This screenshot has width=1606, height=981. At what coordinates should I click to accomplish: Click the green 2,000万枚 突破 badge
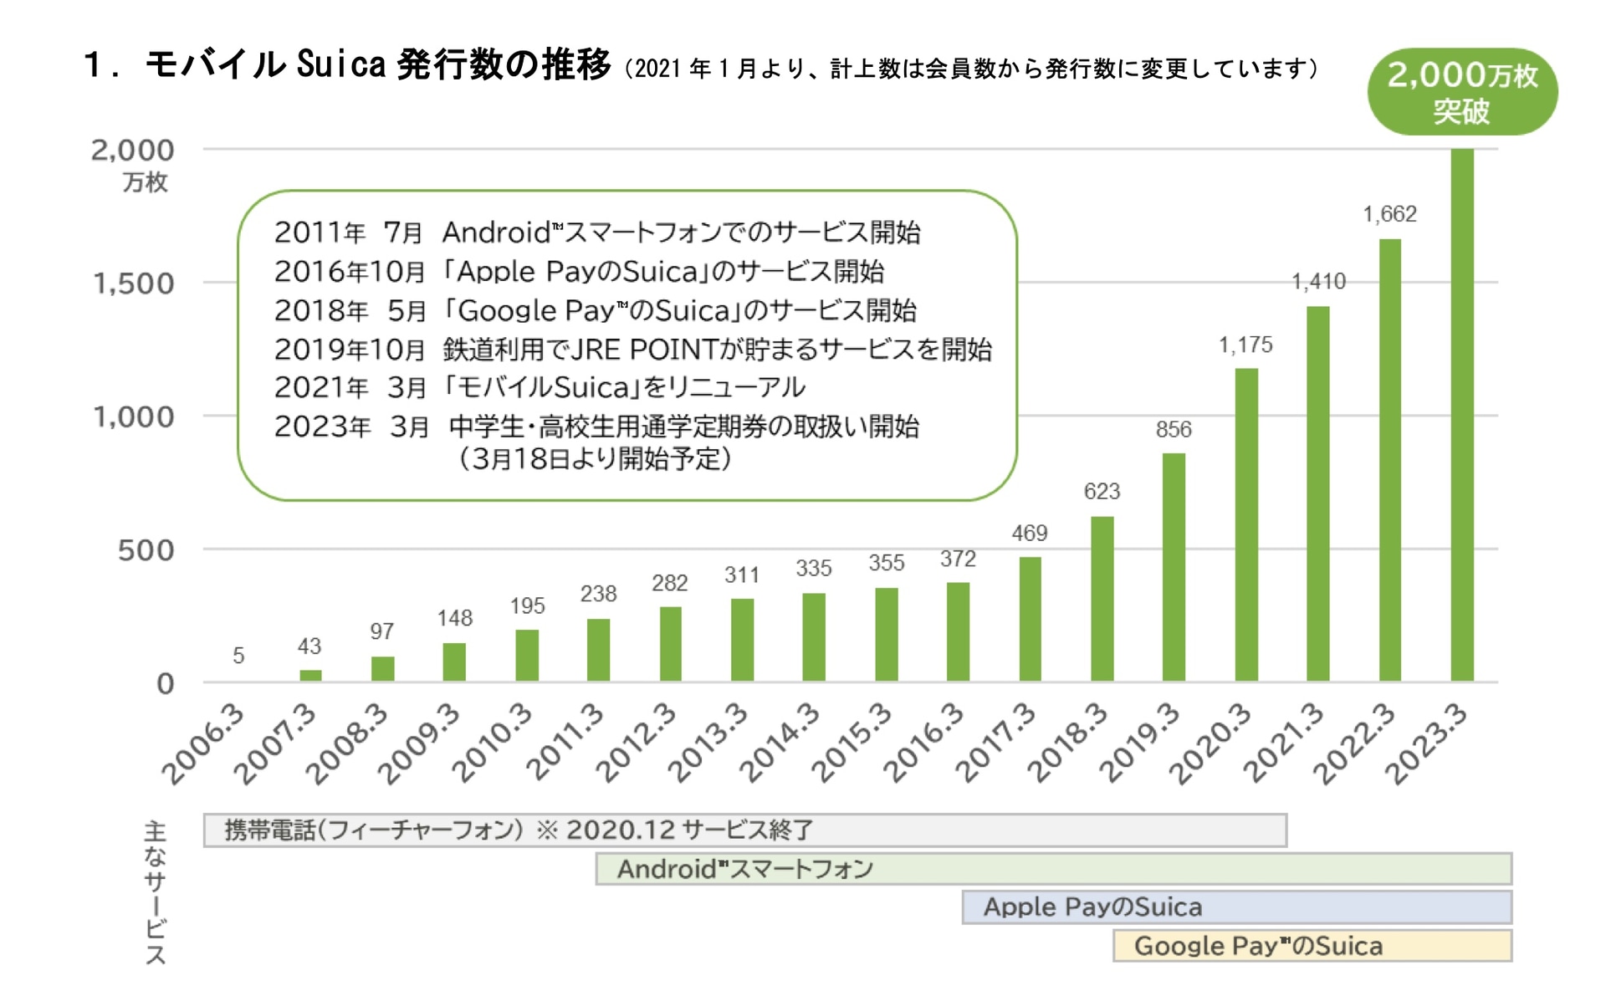(1462, 92)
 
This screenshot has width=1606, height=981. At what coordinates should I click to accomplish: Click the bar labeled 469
(1030, 619)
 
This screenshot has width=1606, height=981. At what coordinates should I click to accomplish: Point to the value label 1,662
(1389, 214)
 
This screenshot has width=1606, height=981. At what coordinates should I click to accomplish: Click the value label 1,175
(1245, 345)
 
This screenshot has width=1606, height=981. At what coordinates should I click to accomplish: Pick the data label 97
(382, 631)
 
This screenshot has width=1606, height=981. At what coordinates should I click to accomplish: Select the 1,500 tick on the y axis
(134, 284)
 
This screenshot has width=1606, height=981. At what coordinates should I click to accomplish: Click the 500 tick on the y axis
(146, 550)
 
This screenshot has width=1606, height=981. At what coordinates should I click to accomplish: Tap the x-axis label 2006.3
(203, 744)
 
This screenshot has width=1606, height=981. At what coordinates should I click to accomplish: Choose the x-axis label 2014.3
(780, 744)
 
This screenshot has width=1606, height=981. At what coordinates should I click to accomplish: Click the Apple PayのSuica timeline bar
(1236, 907)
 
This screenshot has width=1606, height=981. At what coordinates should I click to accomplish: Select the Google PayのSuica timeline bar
(1312, 946)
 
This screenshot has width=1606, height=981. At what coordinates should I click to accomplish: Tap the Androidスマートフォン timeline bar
(1053, 869)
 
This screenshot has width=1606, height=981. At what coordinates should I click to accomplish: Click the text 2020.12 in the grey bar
(620, 830)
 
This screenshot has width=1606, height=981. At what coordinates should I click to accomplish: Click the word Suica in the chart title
(341, 64)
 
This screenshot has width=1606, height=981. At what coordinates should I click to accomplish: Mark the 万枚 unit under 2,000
(145, 181)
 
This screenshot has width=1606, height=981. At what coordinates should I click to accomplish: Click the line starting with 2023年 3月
(596, 427)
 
